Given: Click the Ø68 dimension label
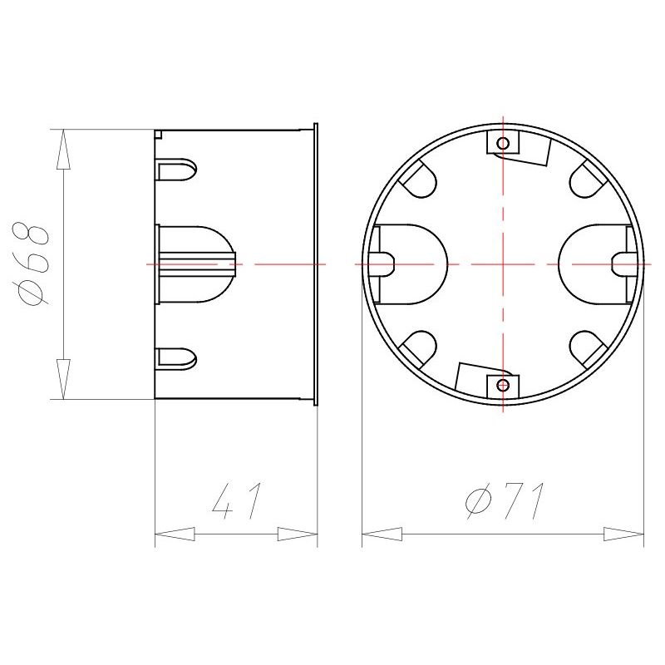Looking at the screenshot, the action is (x=32, y=264).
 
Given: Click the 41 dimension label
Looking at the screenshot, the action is (x=236, y=501).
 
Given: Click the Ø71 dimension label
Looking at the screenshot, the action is (x=504, y=501).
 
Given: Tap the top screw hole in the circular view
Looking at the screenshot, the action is (x=503, y=143).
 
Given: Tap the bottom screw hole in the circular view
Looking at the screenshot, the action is (x=503, y=385).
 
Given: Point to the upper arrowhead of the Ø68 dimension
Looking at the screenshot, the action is (x=63, y=150).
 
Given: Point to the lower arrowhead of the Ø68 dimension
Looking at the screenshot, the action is (x=63, y=379).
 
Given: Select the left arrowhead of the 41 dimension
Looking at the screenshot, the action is (x=175, y=534).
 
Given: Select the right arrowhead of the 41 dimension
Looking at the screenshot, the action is (x=298, y=534).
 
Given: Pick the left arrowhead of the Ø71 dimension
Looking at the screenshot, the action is (x=382, y=534).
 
